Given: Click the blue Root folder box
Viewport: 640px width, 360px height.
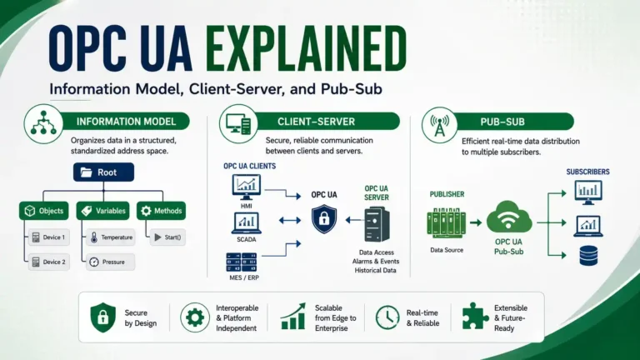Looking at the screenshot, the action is click(x=103, y=172).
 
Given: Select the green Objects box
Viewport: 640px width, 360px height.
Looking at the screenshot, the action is click(x=43, y=211).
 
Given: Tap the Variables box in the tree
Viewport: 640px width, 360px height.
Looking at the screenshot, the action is click(x=102, y=211).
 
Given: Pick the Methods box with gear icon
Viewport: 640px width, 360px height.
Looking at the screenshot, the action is click(x=161, y=211).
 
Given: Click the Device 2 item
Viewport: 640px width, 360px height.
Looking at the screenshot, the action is click(x=49, y=262).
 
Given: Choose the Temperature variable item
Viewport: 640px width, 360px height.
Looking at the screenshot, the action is click(x=111, y=237).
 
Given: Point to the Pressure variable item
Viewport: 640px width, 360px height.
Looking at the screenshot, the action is click(x=111, y=262).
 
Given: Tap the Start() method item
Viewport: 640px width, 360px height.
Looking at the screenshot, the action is click(x=168, y=237).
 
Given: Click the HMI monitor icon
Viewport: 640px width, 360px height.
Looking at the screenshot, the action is click(x=246, y=187).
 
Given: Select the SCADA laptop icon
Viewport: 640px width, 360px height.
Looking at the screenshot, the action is click(x=246, y=222).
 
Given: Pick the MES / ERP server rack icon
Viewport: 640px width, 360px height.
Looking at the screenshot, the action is click(x=242, y=262).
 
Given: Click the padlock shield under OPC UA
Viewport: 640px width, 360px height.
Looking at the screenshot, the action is click(x=324, y=219).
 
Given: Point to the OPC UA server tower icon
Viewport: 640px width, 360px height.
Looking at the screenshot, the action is click(x=377, y=224).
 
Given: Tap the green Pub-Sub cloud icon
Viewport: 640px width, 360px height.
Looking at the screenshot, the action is click(x=509, y=217).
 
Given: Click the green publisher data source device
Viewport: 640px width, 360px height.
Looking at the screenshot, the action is click(x=446, y=222).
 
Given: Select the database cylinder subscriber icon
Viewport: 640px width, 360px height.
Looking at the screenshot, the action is click(x=588, y=256).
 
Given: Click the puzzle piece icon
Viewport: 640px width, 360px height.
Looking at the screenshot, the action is click(x=475, y=317).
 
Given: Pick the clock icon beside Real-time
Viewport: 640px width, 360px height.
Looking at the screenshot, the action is click(x=387, y=317).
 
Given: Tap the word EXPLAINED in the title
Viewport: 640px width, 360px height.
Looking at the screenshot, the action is click(x=306, y=48).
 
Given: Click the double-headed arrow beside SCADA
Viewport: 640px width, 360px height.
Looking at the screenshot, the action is click(x=290, y=220).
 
